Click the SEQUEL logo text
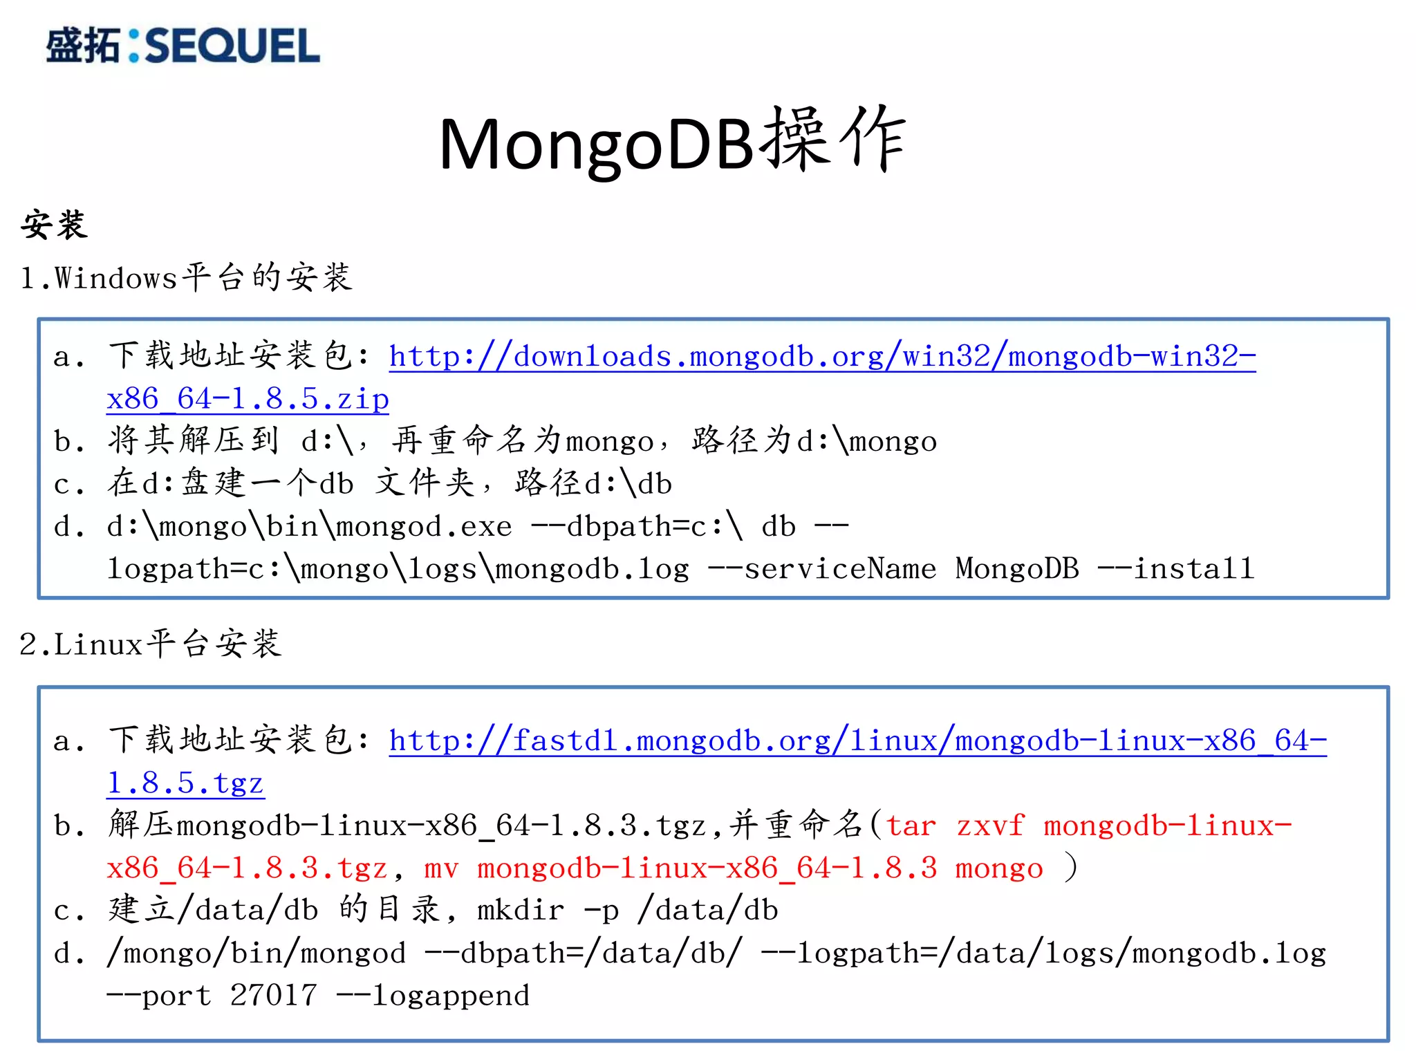point(232,46)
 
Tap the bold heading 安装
point(54,225)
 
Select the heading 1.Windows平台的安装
point(186,278)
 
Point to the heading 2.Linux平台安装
point(150,644)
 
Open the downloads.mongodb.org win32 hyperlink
point(822,357)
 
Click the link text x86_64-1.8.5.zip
point(248,399)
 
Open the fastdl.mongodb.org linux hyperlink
point(857,741)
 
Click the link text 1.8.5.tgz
point(185,783)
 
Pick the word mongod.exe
point(423,527)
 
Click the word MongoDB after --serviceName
point(1017,569)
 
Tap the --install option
point(1176,569)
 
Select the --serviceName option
point(822,569)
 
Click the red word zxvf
point(989,826)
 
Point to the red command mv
point(441,868)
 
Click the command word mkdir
point(521,911)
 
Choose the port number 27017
point(273,996)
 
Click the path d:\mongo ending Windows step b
point(866,441)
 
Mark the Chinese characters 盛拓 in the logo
point(82,46)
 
